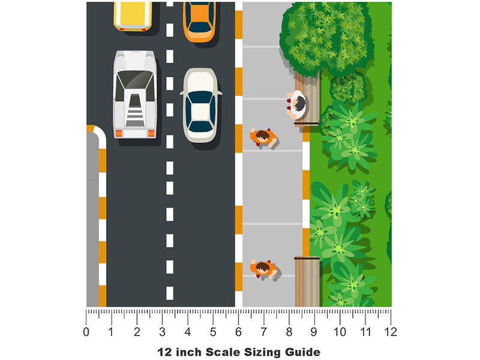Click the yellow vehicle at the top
(x=133, y=16)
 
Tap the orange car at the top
(x=199, y=22)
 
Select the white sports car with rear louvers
(x=135, y=94)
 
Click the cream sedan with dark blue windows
(x=200, y=105)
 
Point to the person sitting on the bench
(x=296, y=104)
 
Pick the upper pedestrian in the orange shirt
(x=263, y=137)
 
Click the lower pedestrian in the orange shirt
(x=263, y=268)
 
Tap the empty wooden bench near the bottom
(x=307, y=281)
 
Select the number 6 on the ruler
(x=238, y=332)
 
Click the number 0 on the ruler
(x=86, y=332)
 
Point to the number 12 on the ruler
(x=391, y=332)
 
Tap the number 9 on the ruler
(x=314, y=332)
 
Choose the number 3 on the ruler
(x=162, y=332)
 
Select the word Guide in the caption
(x=302, y=352)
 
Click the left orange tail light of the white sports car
(x=118, y=133)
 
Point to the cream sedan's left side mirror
(x=182, y=92)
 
